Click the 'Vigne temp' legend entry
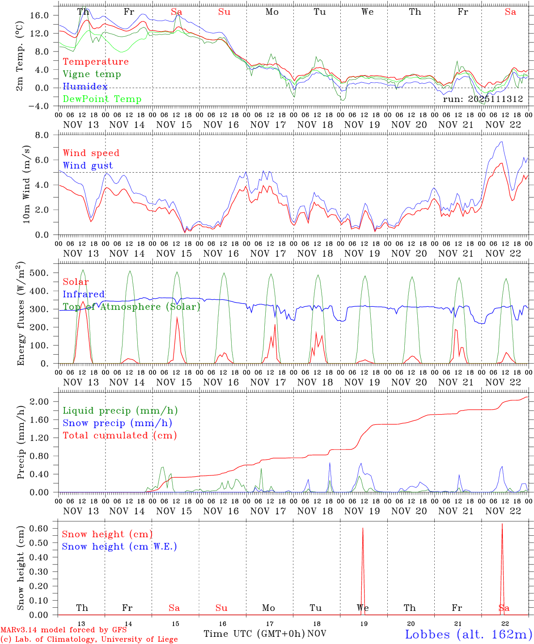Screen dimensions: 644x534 [x=92, y=74]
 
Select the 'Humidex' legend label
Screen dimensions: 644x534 [x=85, y=87]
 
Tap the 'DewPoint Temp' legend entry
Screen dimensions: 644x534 [x=102, y=99]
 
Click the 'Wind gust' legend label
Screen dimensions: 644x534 [x=88, y=165]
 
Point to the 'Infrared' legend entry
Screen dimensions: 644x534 [x=84, y=294]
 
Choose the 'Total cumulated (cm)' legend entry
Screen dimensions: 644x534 [x=119, y=436]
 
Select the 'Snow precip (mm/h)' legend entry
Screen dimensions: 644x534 [x=117, y=423]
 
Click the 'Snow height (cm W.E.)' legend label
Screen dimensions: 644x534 [x=119, y=547]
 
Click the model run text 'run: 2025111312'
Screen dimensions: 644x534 [x=483, y=99]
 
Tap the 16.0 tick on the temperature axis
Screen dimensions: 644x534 [x=41, y=15]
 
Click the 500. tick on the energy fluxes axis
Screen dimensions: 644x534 [x=41, y=273]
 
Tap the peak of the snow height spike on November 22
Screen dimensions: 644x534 [x=502, y=524]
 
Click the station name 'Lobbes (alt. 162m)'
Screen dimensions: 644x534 [x=468, y=634]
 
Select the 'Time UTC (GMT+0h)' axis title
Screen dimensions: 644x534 [x=254, y=634]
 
